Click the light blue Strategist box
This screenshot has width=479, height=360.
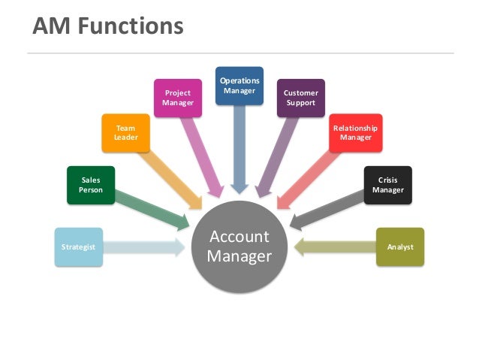(x=78, y=247)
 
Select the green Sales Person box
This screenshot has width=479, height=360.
(x=91, y=185)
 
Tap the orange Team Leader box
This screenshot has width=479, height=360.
(x=125, y=133)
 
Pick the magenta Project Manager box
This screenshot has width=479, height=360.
(x=178, y=98)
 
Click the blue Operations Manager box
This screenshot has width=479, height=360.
(x=239, y=85)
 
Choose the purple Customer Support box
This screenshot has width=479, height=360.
(x=300, y=98)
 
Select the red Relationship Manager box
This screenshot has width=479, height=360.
(x=355, y=133)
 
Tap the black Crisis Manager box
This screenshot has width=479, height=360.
(x=387, y=185)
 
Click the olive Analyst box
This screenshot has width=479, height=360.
(x=400, y=247)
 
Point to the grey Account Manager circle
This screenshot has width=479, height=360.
(x=239, y=247)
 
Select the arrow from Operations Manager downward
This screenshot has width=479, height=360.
(x=239, y=147)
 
